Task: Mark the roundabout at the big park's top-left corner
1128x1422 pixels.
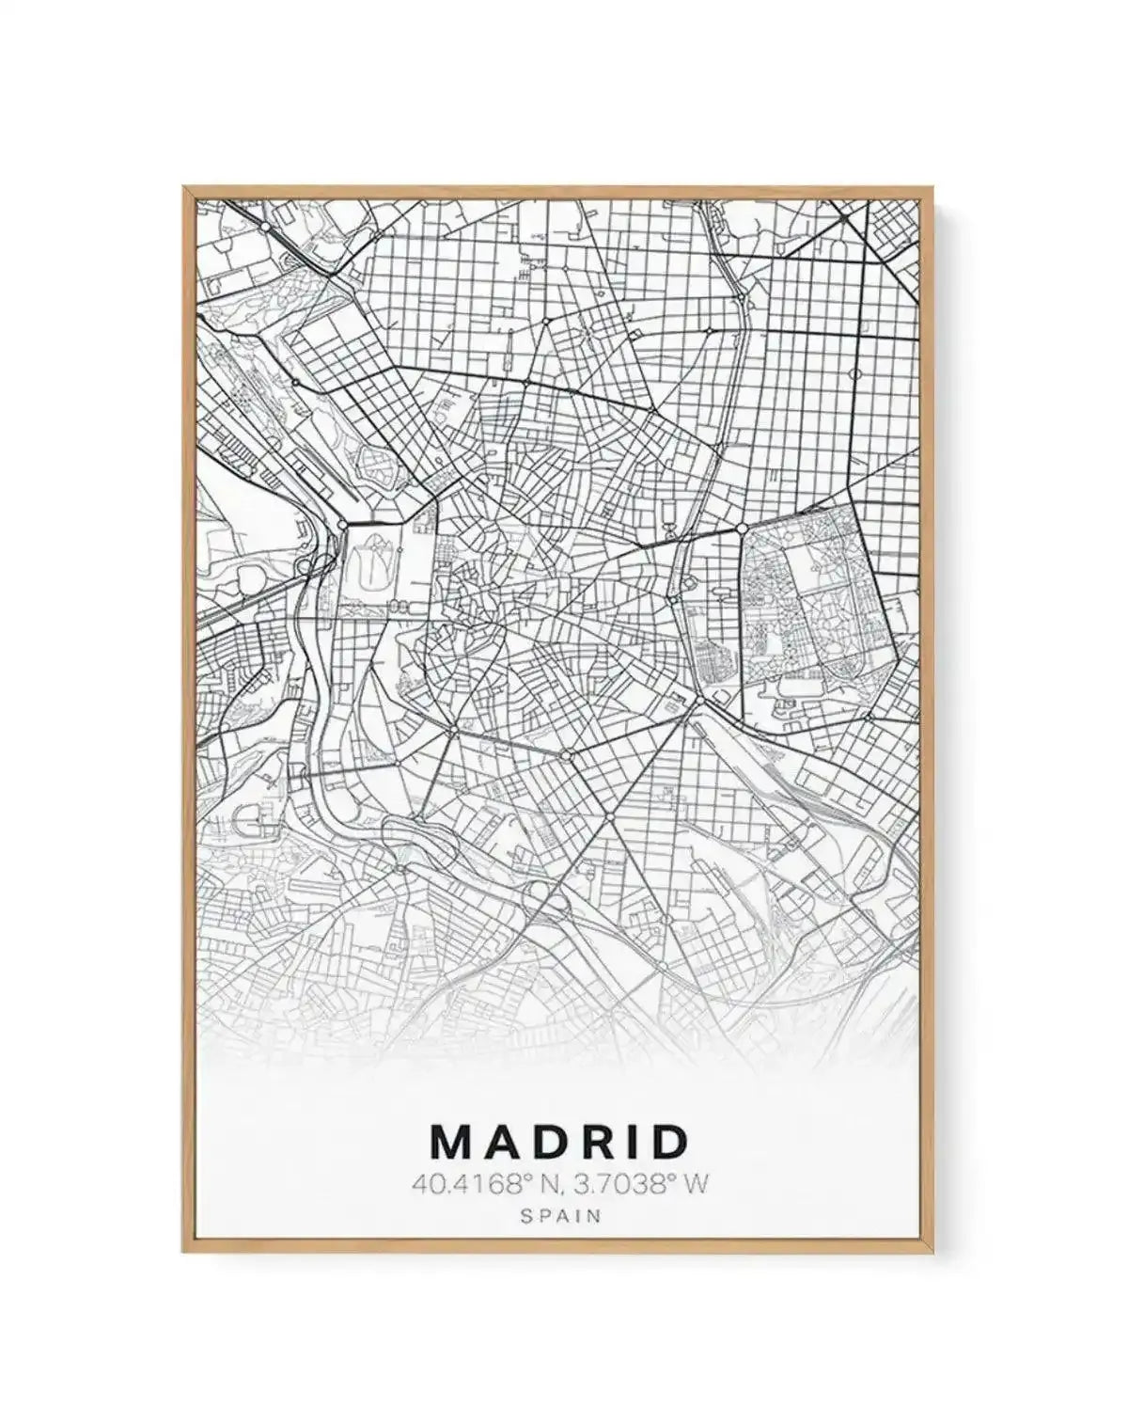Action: (743, 529)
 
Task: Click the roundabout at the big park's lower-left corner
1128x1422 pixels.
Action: (699, 701)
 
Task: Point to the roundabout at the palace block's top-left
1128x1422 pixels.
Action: (344, 523)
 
